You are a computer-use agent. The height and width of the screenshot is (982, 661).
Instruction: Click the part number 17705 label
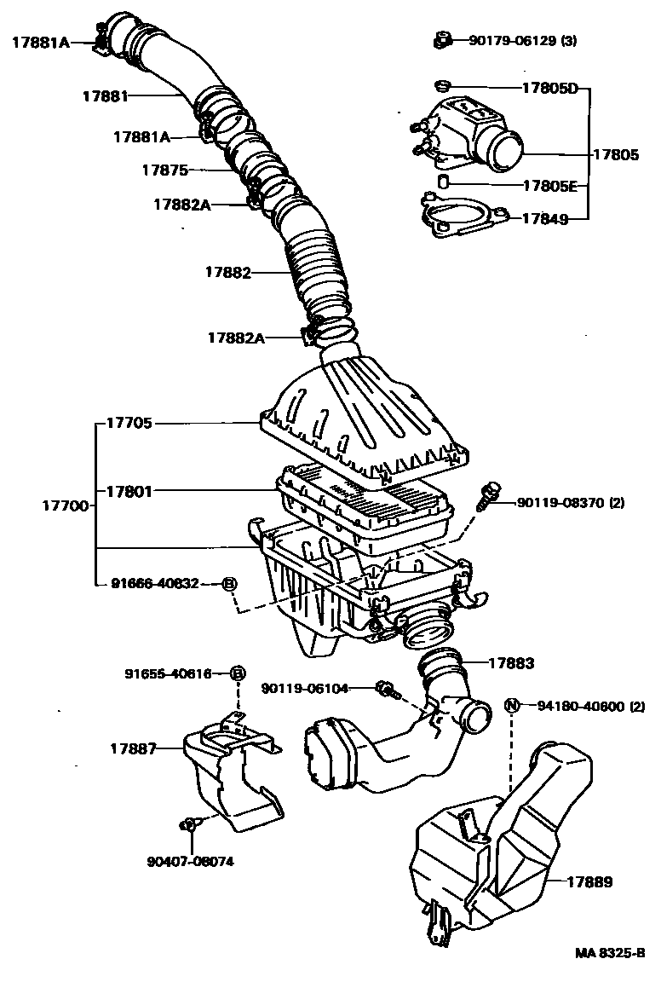tap(129, 422)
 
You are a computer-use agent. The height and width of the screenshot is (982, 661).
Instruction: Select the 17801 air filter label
tap(129, 491)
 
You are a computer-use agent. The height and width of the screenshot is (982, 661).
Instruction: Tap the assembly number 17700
tap(64, 505)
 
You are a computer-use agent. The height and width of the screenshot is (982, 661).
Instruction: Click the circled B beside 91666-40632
tap(230, 584)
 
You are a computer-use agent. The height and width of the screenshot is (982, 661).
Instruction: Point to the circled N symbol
tap(512, 705)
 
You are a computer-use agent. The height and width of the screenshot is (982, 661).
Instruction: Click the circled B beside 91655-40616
tap(239, 673)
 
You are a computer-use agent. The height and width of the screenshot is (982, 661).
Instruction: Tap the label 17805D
tap(550, 88)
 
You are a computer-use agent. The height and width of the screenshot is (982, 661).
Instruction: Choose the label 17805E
tap(550, 185)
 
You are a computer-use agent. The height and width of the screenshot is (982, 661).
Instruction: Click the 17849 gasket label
tap(545, 218)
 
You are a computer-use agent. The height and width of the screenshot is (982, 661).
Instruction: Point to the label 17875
tap(164, 170)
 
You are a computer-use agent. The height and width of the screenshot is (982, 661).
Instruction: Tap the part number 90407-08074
tap(189, 861)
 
